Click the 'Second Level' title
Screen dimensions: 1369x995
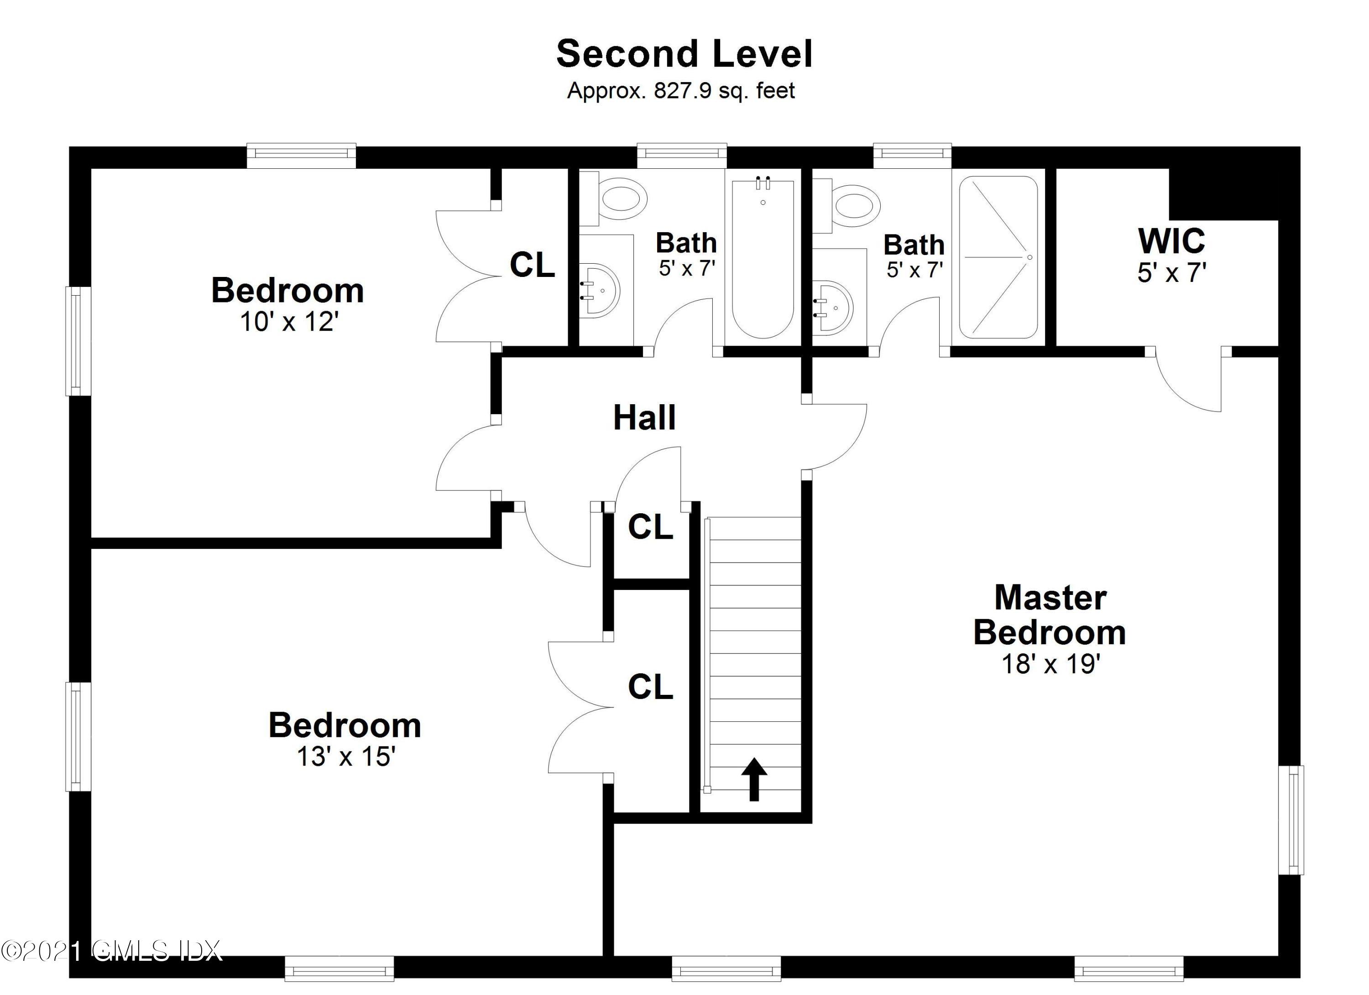tap(684, 54)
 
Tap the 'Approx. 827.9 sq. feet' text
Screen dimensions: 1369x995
tap(681, 90)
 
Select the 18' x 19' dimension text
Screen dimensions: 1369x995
tap(1051, 664)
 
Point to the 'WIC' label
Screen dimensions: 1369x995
tap(1171, 241)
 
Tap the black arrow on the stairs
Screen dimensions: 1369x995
tap(754, 779)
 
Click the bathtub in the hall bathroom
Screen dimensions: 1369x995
tap(763, 258)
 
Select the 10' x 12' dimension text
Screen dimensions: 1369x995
tap(289, 322)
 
